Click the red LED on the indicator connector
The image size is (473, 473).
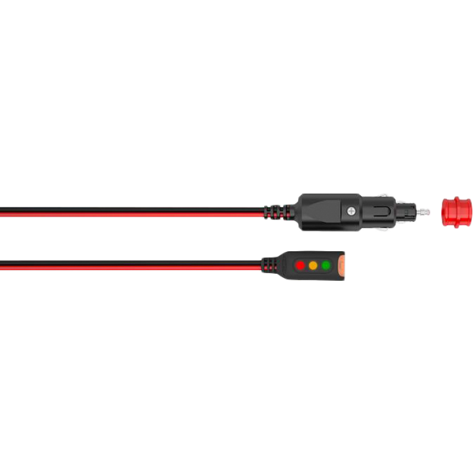point(300,265)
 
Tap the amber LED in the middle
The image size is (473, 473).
point(313,265)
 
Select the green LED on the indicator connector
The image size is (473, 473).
point(326,265)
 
